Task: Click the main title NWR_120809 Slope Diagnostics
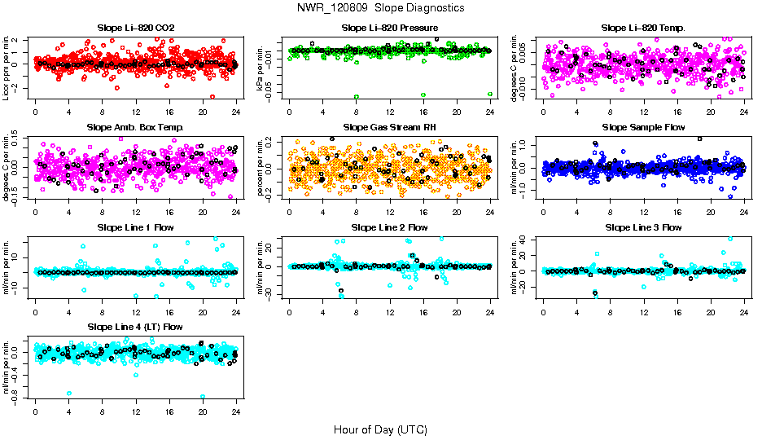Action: point(381,7)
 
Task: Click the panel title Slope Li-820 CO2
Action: point(135,28)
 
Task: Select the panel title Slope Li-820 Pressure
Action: point(389,28)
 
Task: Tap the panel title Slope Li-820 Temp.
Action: point(643,28)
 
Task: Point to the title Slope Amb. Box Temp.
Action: point(135,128)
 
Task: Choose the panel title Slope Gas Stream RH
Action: point(389,128)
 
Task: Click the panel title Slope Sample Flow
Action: point(643,128)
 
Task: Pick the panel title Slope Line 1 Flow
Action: point(135,227)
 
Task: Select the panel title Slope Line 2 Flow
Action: point(389,227)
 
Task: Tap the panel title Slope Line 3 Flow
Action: point(643,227)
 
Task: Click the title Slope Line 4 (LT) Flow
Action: point(135,328)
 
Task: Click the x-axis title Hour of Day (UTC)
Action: point(380,429)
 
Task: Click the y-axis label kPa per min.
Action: point(261,68)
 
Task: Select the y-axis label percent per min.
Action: point(261,168)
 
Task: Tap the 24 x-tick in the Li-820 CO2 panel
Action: point(236,112)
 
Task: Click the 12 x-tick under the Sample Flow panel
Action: point(643,213)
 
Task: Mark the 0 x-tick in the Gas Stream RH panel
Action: point(289,213)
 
